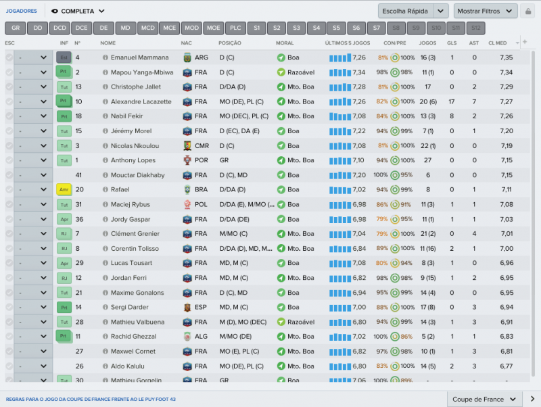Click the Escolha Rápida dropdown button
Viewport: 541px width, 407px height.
tap(413, 11)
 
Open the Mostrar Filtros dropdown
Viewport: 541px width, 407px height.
tap(486, 11)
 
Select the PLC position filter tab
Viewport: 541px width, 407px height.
tap(235, 28)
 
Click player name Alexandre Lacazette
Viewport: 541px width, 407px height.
tap(141, 101)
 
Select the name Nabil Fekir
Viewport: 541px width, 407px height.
tap(127, 116)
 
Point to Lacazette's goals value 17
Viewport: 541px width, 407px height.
tap(452, 101)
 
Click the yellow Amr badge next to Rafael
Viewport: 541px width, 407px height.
tap(63, 190)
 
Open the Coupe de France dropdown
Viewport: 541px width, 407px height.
tap(485, 399)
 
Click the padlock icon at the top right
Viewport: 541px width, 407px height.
tap(527, 11)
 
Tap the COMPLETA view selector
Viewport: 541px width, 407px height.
tap(78, 11)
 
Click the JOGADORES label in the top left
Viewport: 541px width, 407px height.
tap(22, 11)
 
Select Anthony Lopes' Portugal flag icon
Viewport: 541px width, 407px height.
tap(187, 160)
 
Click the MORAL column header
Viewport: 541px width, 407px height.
tap(285, 43)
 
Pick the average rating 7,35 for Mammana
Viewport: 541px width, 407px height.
tap(506, 57)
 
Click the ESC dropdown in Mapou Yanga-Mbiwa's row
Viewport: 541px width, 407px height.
tap(32, 72)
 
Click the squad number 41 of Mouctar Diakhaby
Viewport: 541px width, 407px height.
tap(78, 175)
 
